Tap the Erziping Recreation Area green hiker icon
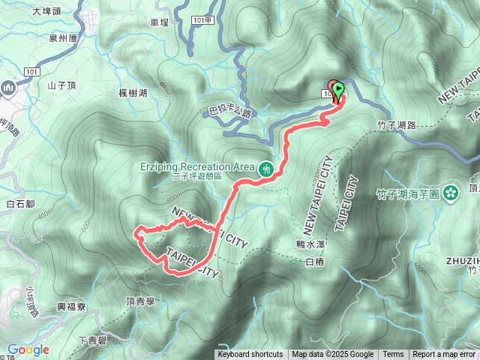[264, 170]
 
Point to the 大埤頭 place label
[46, 11]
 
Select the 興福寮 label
[73, 307]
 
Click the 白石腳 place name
[21, 203]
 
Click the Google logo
[28, 349]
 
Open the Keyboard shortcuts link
[250, 355]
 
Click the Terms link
[393, 355]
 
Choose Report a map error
[444, 355]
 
